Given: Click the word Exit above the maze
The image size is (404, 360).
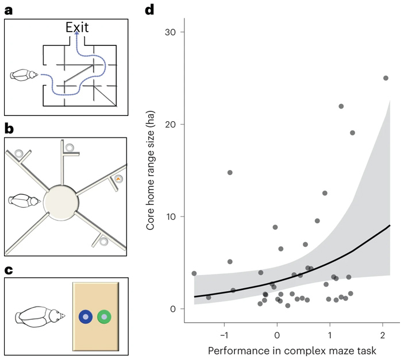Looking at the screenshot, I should pyautogui.click(x=77, y=26).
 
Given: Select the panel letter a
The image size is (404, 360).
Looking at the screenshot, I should pyautogui.click(x=8, y=9).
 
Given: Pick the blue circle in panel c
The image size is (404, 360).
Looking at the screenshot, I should pyautogui.click(x=85, y=316).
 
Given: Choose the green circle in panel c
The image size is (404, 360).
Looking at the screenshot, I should pyautogui.click(x=104, y=316).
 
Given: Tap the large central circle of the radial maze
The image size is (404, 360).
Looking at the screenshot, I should pyautogui.click(x=60, y=202).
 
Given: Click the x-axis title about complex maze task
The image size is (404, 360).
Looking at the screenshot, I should pyautogui.click(x=287, y=350).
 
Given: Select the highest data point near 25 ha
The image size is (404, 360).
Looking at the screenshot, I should pyautogui.click(x=386, y=78).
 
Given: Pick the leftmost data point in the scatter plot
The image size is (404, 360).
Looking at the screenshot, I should pyautogui.click(x=194, y=273).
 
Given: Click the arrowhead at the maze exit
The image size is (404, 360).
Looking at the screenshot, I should pyautogui.click(x=77, y=35).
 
